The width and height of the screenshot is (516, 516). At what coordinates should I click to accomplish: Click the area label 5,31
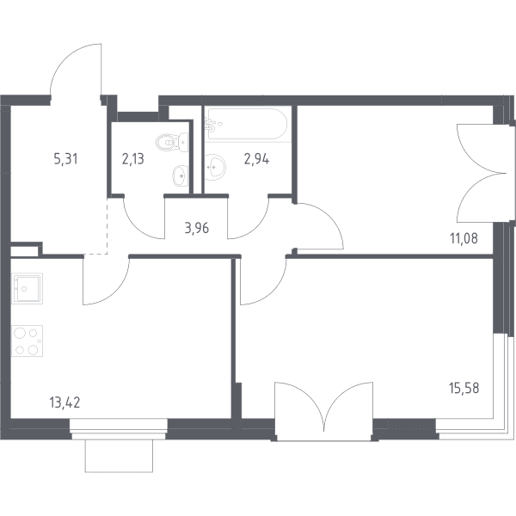(x=66, y=159)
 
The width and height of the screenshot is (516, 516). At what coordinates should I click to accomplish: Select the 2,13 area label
(x=133, y=159)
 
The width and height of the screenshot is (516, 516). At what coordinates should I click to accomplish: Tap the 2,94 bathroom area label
(x=256, y=159)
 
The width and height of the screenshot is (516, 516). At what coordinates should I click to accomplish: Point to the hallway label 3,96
(x=197, y=228)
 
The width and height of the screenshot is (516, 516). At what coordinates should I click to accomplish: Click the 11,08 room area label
(x=464, y=238)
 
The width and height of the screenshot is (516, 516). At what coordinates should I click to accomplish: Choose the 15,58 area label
(x=464, y=388)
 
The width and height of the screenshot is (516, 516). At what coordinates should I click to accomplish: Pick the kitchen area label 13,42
(x=64, y=402)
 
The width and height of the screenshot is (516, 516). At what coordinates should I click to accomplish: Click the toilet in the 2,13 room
(x=171, y=142)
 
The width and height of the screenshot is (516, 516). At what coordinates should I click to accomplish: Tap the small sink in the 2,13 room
(x=181, y=175)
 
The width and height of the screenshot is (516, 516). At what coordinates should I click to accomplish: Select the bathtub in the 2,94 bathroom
(x=247, y=124)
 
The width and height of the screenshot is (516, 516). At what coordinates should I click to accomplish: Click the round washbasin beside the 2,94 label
(x=215, y=167)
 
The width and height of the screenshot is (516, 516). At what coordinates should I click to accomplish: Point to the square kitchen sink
(x=27, y=288)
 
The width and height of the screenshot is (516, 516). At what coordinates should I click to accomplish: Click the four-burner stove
(x=27, y=341)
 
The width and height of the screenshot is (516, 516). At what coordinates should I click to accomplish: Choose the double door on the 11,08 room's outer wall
(x=481, y=173)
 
